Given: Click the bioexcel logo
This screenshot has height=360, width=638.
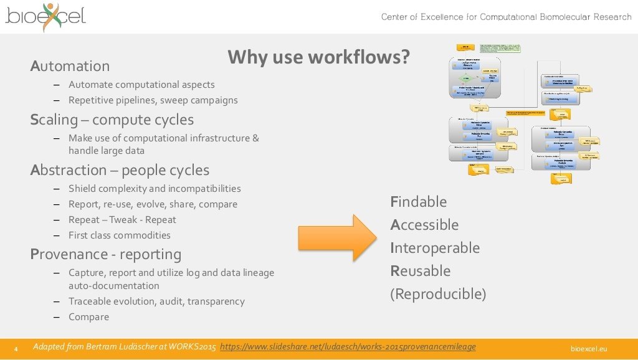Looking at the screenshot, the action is [45, 16].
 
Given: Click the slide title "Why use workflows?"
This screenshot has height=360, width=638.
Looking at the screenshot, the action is [318, 57].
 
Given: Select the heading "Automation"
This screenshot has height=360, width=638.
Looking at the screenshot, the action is [70, 66].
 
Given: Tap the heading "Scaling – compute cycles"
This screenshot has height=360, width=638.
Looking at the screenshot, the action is [112, 120].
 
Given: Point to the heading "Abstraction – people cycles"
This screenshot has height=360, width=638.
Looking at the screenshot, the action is [120, 170].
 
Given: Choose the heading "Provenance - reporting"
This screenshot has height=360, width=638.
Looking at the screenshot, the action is [106, 254].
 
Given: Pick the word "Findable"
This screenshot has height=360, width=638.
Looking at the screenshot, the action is [419, 202].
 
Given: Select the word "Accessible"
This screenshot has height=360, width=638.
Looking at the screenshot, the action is [424, 225].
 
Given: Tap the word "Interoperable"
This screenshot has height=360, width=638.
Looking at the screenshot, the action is [435, 248].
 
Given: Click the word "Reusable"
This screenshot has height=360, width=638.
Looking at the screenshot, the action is [420, 271].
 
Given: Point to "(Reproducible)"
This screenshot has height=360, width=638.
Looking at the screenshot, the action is [438, 294].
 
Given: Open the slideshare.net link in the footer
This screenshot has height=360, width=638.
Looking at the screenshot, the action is [348, 347].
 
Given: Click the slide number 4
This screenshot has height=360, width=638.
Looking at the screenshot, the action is [16, 348].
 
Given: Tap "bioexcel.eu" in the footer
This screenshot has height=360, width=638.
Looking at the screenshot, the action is [589, 348].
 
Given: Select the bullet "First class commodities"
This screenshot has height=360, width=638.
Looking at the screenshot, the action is [120, 235].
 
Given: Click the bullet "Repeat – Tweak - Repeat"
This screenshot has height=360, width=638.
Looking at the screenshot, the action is [122, 220].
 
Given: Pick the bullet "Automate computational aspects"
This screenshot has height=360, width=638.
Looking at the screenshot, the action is [141, 85].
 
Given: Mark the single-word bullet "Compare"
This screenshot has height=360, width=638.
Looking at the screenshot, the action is [88, 317].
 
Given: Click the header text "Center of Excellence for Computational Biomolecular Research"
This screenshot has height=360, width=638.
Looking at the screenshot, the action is [506, 17].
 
